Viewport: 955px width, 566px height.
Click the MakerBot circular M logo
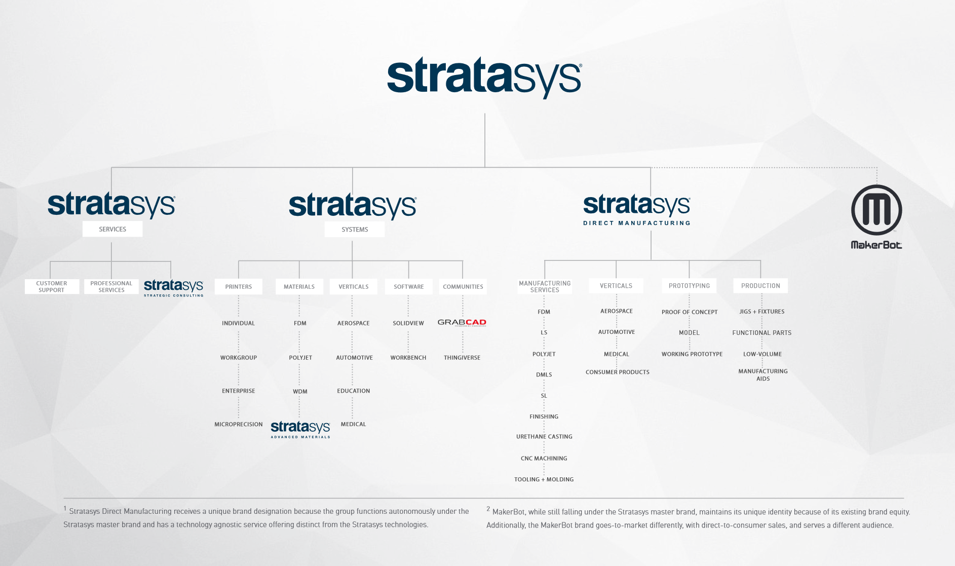[876, 210]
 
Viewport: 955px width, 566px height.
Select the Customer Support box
[52, 287]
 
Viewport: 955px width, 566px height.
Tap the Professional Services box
[111, 287]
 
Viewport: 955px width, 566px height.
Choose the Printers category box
[239, 287]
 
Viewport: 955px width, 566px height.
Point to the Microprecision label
[239, 425]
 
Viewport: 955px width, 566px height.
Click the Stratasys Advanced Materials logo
[300, 429]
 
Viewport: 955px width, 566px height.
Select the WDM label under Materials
[300, 392]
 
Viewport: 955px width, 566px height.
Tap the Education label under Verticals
[354, 391]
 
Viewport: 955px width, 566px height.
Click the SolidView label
[408, 323]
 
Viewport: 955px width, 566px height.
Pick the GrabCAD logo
[462, 322]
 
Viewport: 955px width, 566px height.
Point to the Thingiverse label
[462, 358]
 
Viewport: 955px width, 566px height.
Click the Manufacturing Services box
[545, 287]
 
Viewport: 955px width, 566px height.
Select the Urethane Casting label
[544, 437]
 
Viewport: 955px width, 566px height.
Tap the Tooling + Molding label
[544, 479]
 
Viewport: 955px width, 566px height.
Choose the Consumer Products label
[618, 372]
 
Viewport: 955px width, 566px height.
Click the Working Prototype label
[692, 354]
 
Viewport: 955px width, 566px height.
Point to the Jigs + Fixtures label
[762, 312]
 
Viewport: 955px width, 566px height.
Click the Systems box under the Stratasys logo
[355, 230]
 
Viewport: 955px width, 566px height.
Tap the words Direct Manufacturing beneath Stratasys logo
[637, 223]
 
